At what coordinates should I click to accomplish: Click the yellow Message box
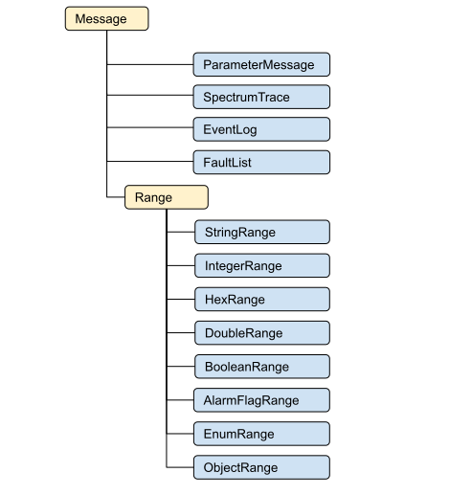106,19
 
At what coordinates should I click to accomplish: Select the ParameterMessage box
261,64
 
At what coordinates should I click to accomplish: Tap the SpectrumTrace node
261,97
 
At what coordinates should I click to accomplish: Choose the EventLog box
261,129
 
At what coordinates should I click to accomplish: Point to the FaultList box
261,162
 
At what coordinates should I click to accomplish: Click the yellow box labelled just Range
167,197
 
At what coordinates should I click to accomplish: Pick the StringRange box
261,232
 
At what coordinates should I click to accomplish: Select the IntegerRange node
261,265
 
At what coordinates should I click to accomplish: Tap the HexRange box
261,299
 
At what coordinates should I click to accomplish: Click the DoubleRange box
261,332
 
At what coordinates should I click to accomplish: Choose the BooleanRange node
261,366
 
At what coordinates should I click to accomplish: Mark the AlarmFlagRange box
261,399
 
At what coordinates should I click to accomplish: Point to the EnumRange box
261,434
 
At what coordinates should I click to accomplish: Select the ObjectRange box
261,467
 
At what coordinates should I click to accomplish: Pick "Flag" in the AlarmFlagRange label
249,399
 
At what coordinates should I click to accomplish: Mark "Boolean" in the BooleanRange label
227,366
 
